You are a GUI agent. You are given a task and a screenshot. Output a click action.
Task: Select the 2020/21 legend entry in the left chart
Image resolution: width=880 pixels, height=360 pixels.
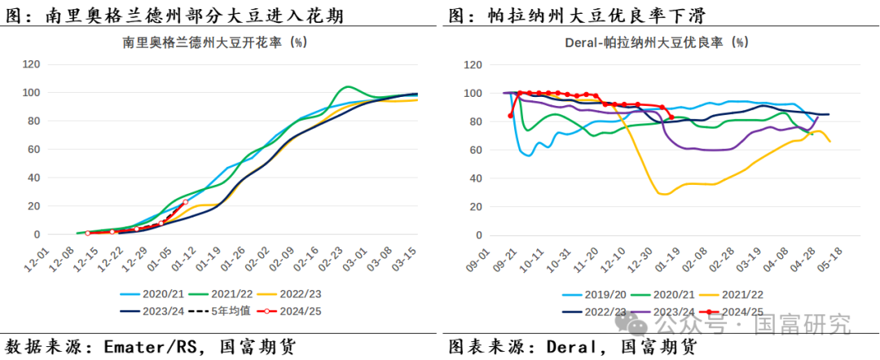(159, 294)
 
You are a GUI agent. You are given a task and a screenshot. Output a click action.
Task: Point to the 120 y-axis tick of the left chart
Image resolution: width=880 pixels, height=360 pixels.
(33, 64)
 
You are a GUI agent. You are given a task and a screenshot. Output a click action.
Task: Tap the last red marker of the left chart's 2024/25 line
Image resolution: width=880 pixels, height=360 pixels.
(185, 201)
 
